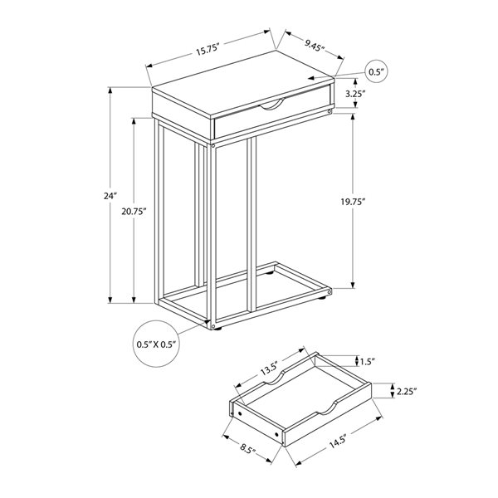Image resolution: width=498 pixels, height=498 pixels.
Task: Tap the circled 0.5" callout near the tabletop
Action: (x=378, y=73)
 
